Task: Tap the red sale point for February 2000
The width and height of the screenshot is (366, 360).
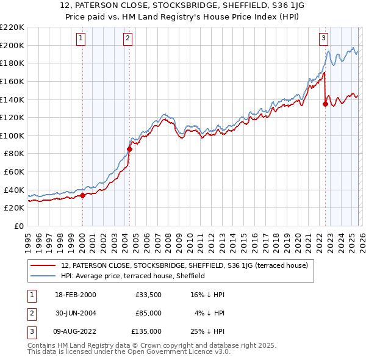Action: [82, 195]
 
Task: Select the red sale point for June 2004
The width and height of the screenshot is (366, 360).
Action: [129, 148]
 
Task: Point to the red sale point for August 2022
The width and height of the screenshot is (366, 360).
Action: [325, 104]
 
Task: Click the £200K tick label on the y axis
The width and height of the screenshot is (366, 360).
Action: [12, 45]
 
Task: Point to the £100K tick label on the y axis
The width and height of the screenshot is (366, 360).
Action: [12, 135]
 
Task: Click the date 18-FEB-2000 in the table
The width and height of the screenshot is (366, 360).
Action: [74, 295]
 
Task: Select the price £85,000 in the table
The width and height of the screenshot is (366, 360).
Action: [148, 313]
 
